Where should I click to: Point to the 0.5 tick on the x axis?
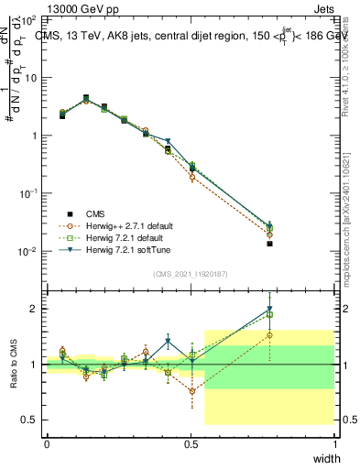(191, 444)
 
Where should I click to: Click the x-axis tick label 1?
(335, 444)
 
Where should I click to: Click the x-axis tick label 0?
(47, 444)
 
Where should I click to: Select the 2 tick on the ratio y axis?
(33, 309)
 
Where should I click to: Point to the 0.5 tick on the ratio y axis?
(29, 420)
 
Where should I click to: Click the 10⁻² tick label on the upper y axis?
(26, 252)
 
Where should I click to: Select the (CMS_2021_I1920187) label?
(191, 274)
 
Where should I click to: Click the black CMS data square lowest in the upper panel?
(269, 244)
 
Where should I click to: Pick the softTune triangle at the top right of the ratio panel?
(269, 310)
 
